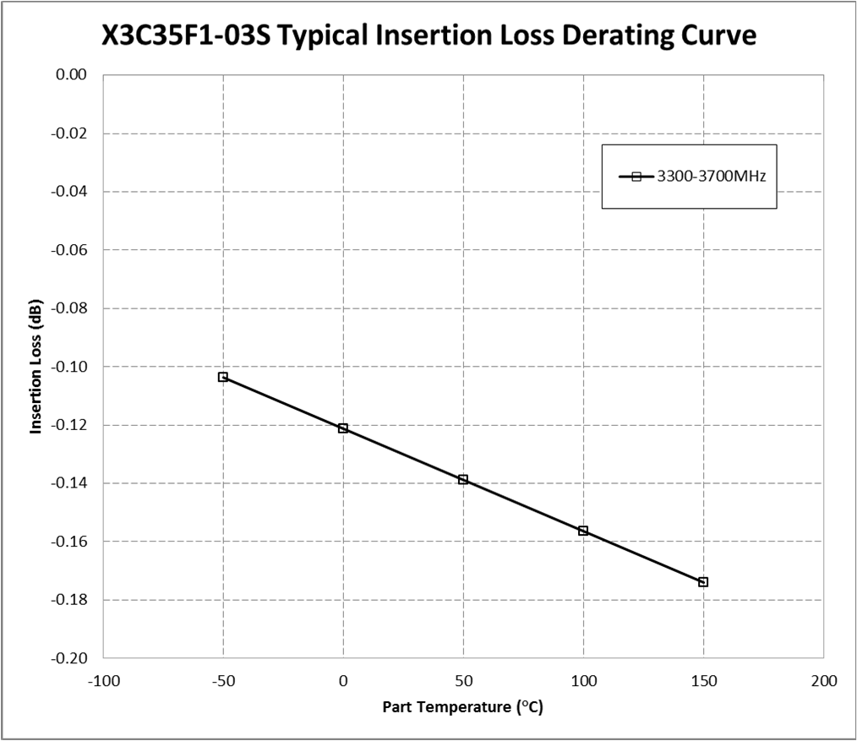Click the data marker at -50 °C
point(223,377)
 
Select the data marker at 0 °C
point(343,428)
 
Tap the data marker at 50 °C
point(463,480)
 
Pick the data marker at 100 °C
point(583,531)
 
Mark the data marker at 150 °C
point(703,582)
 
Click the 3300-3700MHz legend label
point(711,177)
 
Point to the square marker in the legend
point(637,177)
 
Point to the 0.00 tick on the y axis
point(73,75)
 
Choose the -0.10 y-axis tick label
point(71,367)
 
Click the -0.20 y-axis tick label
point(71,658)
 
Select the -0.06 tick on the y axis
point(71,250)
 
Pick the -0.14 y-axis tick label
point(71,483)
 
